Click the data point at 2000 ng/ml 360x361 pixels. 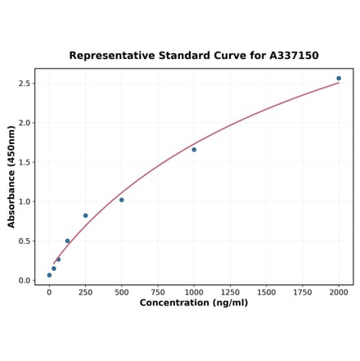[x=339, y=79]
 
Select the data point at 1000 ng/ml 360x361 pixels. [x=194, y=150]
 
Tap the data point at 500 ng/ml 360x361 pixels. [x=122, y=200]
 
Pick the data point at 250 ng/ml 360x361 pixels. [x=85, y=216]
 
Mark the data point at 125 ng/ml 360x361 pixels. [x=67, y=241]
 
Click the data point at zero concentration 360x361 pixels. [x=49, y=275]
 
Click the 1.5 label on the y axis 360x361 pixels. [x=24, y=162]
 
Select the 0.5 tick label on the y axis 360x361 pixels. [x=24, y=241]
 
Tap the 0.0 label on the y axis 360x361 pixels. [x=24, y=280]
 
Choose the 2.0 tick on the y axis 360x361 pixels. [x=24, y=123]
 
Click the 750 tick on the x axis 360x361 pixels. [x=158, y=292]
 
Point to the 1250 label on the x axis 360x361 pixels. [x=230, y=292]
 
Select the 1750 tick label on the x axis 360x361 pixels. [x=303, y=292]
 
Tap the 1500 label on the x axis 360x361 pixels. [x=266, y=292]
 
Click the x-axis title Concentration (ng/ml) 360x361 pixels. [x=194, y=304]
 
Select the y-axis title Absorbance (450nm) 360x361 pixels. [x=11, y=176]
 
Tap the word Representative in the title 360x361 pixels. [x=112, y=56]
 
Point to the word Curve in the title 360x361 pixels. [x=226, y=56]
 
